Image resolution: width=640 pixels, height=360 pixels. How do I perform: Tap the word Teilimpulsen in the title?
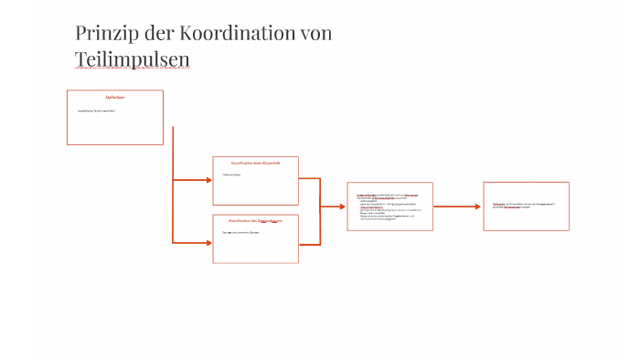pyautogui.click(x=132, y=59)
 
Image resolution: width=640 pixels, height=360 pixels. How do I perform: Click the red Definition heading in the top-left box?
pyautogui.click(x=114, y=97)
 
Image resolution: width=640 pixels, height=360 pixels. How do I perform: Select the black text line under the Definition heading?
pyautogui.click(x=96, y=111)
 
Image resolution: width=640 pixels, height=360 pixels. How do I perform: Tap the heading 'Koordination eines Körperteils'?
pyautogui.click(x=255, y=163)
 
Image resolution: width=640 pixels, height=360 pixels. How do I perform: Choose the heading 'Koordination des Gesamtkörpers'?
pyautogui.click(x=255, y=221)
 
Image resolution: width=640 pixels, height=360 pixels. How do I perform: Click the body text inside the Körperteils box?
pyautogui.click(x=231, y=175)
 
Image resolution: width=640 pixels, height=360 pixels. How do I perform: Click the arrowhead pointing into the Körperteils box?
pyautogui.click(x=208, y=180)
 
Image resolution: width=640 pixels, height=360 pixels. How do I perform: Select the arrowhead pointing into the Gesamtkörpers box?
pyautogui.click(x=208, y=242)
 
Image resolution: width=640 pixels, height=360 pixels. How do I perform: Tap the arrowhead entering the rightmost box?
pyautogui.click(x=477, y=206)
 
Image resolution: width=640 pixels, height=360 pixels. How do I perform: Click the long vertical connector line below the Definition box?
pyautogui.click(x=173, y=183)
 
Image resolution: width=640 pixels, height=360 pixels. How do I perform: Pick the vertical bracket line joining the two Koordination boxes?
pyautogui.click(x=320, y=211)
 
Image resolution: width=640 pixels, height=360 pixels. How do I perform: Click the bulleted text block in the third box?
pyautogui.click(x=390, y=206)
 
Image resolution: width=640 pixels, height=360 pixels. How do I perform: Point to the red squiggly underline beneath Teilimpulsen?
pyautogui.click(x=132, y=69)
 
